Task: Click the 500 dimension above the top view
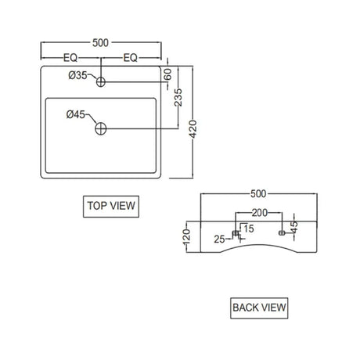100,43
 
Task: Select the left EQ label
70,58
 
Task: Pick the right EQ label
131,58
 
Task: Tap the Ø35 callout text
77,75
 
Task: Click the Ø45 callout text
76,114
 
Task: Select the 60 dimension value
168,74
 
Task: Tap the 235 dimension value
178,98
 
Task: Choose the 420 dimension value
193,129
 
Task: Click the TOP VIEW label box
111,207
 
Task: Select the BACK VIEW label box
259,308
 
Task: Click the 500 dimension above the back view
258,194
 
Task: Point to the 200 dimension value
260,213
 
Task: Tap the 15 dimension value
249,229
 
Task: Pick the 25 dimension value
219,239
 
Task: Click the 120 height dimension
187,237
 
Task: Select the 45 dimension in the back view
294,227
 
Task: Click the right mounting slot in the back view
282,232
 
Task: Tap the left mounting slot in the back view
236,232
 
